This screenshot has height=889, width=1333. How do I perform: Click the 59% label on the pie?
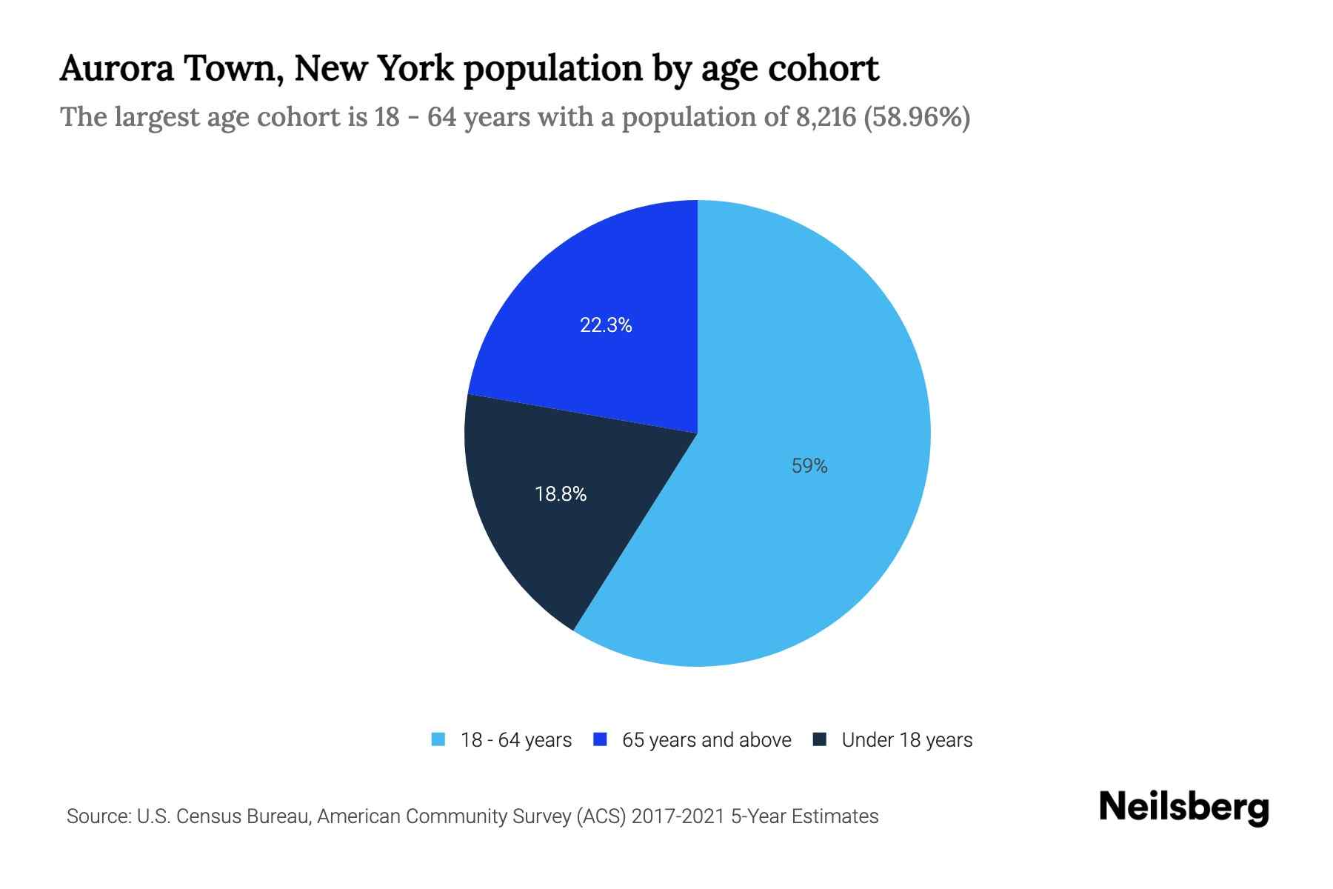[809, 466]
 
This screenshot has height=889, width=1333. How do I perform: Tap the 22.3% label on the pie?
[606, 325]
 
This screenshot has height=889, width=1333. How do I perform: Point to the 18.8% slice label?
[561, 494]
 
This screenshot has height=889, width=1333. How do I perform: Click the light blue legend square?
[438, 739]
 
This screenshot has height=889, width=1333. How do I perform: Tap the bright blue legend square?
[600, 739]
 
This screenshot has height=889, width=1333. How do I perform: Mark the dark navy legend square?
[819, 739]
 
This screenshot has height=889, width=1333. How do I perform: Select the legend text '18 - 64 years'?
[516, 740]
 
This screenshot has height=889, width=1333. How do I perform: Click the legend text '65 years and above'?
[706, 740]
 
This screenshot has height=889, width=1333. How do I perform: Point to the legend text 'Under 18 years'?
[907, 740]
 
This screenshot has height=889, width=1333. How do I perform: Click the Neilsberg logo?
[1183, 808]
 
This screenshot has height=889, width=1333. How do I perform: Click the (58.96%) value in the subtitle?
[917, 117]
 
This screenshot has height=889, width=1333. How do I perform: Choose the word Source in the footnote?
[96, 816]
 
